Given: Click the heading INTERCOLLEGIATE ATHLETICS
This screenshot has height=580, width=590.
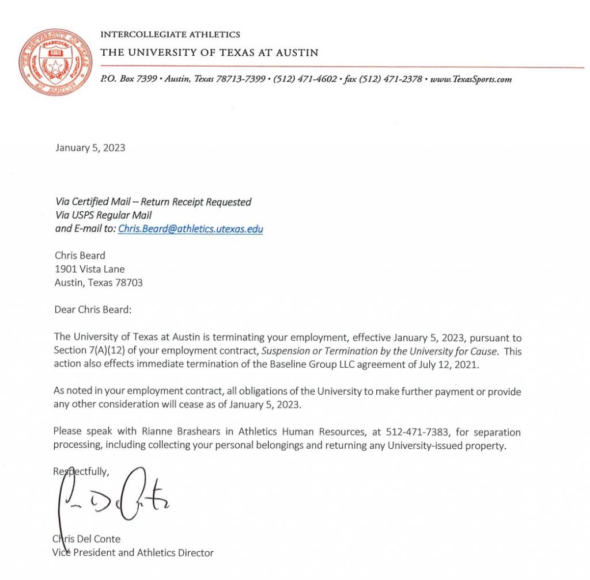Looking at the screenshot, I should pyautogui.click(x=170, y=35).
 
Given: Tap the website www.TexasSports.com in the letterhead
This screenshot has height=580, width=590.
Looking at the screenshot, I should pyautogui.click(x=471, y=79).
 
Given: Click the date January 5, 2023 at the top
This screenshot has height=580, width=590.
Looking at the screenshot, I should pyautogui.click(x=90, y=148).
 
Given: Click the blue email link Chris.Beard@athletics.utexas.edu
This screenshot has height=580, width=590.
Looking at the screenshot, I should pyautogui.click(x=190, y=229).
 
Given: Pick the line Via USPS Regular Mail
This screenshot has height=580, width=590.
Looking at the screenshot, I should pyautogui.click(x=103, y=215).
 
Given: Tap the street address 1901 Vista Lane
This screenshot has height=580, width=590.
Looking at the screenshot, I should pyautogui.click(x=89, y=269).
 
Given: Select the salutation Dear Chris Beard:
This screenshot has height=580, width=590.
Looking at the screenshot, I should pyautogui.click(x=93, y=310).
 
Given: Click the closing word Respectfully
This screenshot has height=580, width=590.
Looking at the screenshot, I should pyautogui.click(x=81, y=471).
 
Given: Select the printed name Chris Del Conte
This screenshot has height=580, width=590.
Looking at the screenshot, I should pyautogui.click(x=86, y=539).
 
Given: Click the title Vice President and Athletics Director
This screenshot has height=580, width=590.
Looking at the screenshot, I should pyautogui.click(x=133, y=553).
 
